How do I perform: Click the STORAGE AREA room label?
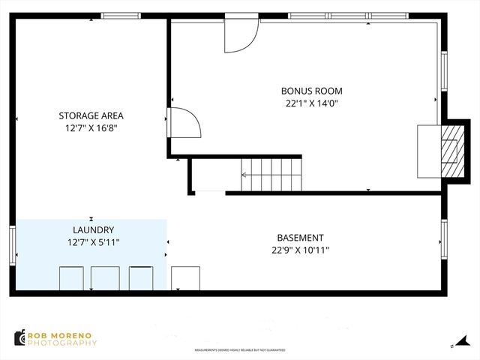coord(91,115)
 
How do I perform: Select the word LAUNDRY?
coord(93,229)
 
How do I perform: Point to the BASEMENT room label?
coord(300,237)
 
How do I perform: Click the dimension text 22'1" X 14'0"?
coord(311,103)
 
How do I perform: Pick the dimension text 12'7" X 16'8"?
coord(91,128)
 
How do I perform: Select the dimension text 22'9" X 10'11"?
coord(300,250)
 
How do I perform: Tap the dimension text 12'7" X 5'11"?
coord(93,242)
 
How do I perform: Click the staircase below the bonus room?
coord(271,175)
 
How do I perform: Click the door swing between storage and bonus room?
coord(184,122)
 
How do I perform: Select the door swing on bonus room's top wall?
coord(240,34)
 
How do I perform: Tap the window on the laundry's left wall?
coord(12,245)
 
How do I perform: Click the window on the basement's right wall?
coord(443,241)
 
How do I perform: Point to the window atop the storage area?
coord(121,15)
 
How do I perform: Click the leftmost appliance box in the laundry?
coord(72,277)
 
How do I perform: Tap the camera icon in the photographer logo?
coord(20,338)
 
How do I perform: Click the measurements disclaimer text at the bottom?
coord(239,350)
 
